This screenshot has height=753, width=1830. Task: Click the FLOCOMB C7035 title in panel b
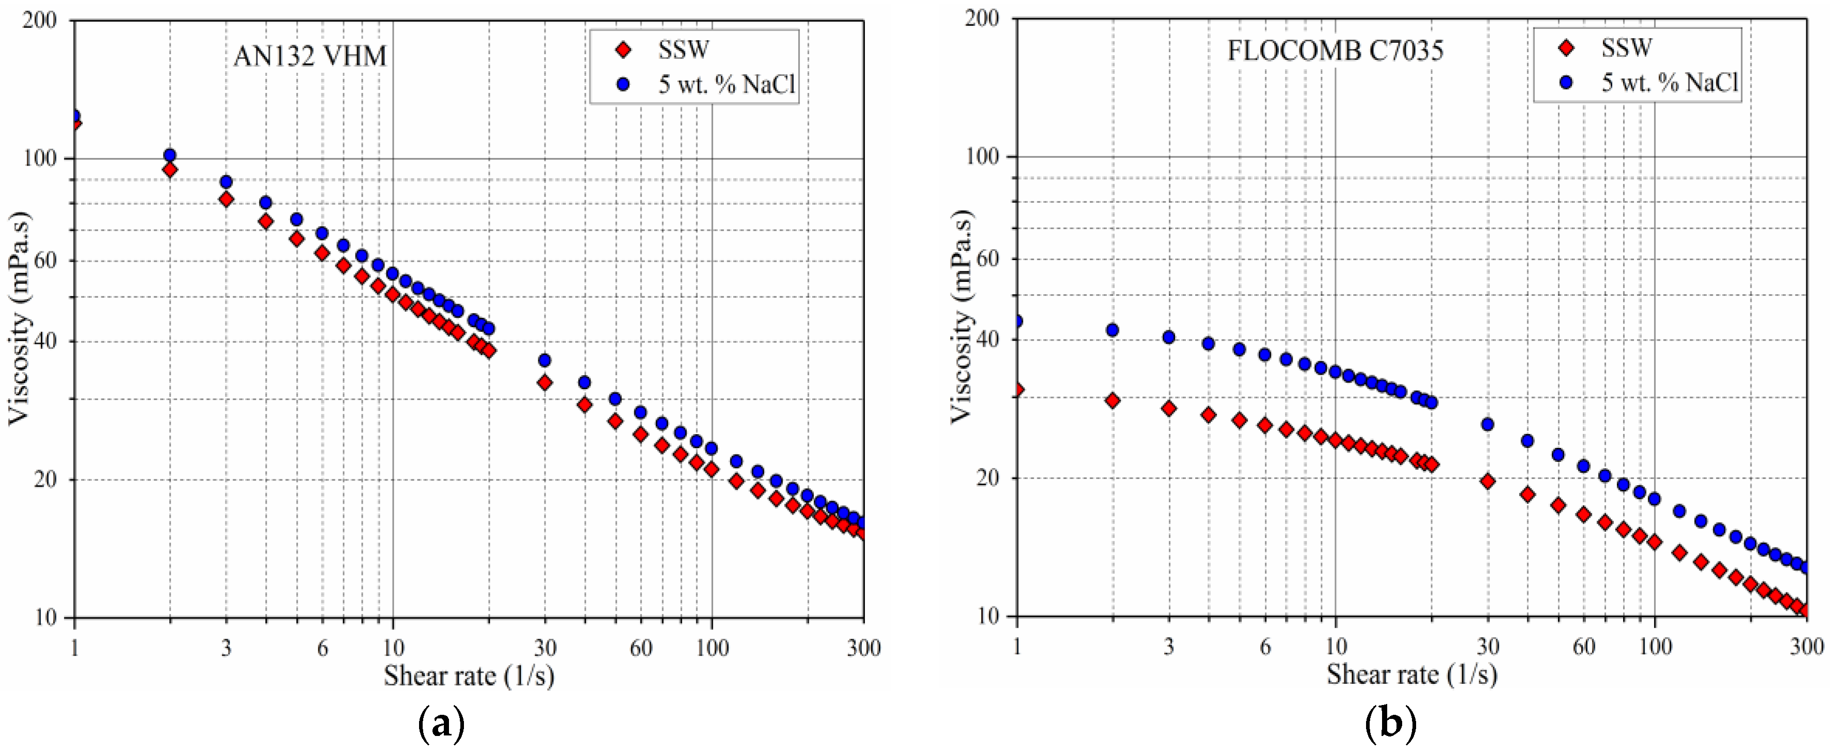click(x=1335, y=51)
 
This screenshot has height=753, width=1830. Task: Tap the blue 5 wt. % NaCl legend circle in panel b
click(x=1565, y=83)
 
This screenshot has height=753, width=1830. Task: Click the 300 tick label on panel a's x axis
click(x=863, y=648)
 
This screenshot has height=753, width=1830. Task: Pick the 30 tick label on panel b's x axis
click(x=1488, y=647)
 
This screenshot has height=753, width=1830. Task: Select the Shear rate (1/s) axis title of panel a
click(x=469, y=676)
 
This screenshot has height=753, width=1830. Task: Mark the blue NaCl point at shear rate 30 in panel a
click(x=545, y=360)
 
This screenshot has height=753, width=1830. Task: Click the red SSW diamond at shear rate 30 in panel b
click(x=1488, y=481)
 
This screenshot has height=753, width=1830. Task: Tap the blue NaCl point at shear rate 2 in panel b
click(x=1113, y=330)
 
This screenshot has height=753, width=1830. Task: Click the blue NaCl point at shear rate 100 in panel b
click(x=1655, y=499)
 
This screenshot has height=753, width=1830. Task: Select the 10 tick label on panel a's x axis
click(x=393, y=648)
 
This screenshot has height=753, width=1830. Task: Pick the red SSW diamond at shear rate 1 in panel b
click(x=1017, y=389)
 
